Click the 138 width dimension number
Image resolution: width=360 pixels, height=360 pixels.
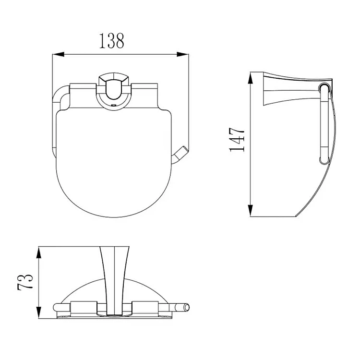tap(112, 41)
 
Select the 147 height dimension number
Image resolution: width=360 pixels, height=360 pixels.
tap(237, 140)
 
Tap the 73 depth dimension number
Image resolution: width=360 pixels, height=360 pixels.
tap(25, 282)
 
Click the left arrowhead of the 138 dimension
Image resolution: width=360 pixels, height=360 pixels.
tap(58, 54)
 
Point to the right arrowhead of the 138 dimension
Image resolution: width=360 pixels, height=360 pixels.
tap(182, 54)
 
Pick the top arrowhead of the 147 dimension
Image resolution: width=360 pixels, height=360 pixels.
tap(251, 78)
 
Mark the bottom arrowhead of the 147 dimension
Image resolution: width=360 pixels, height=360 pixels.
tap(251, 211)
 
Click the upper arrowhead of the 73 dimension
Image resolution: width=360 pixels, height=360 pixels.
tap(39, 252)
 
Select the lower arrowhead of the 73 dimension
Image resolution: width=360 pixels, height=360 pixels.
tap(39, 312)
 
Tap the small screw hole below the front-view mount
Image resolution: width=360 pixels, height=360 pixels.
tap(113, 106)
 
